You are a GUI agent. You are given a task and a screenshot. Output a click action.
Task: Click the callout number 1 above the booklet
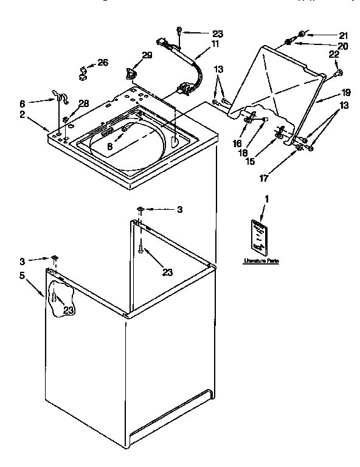point(265,199)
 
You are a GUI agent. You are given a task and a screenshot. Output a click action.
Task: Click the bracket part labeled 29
point(130,74)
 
